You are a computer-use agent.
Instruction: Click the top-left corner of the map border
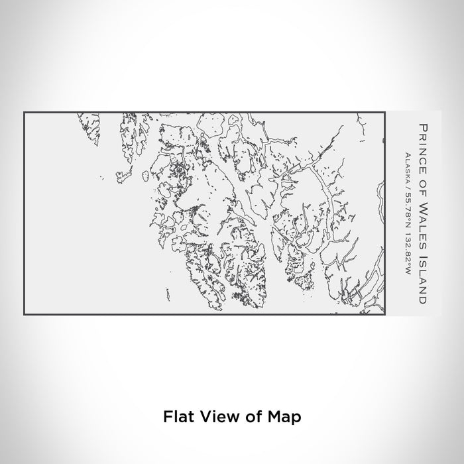25,113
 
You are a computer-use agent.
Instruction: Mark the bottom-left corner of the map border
25,314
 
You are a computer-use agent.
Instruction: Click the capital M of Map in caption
269,418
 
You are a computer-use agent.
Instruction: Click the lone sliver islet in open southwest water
101,177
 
